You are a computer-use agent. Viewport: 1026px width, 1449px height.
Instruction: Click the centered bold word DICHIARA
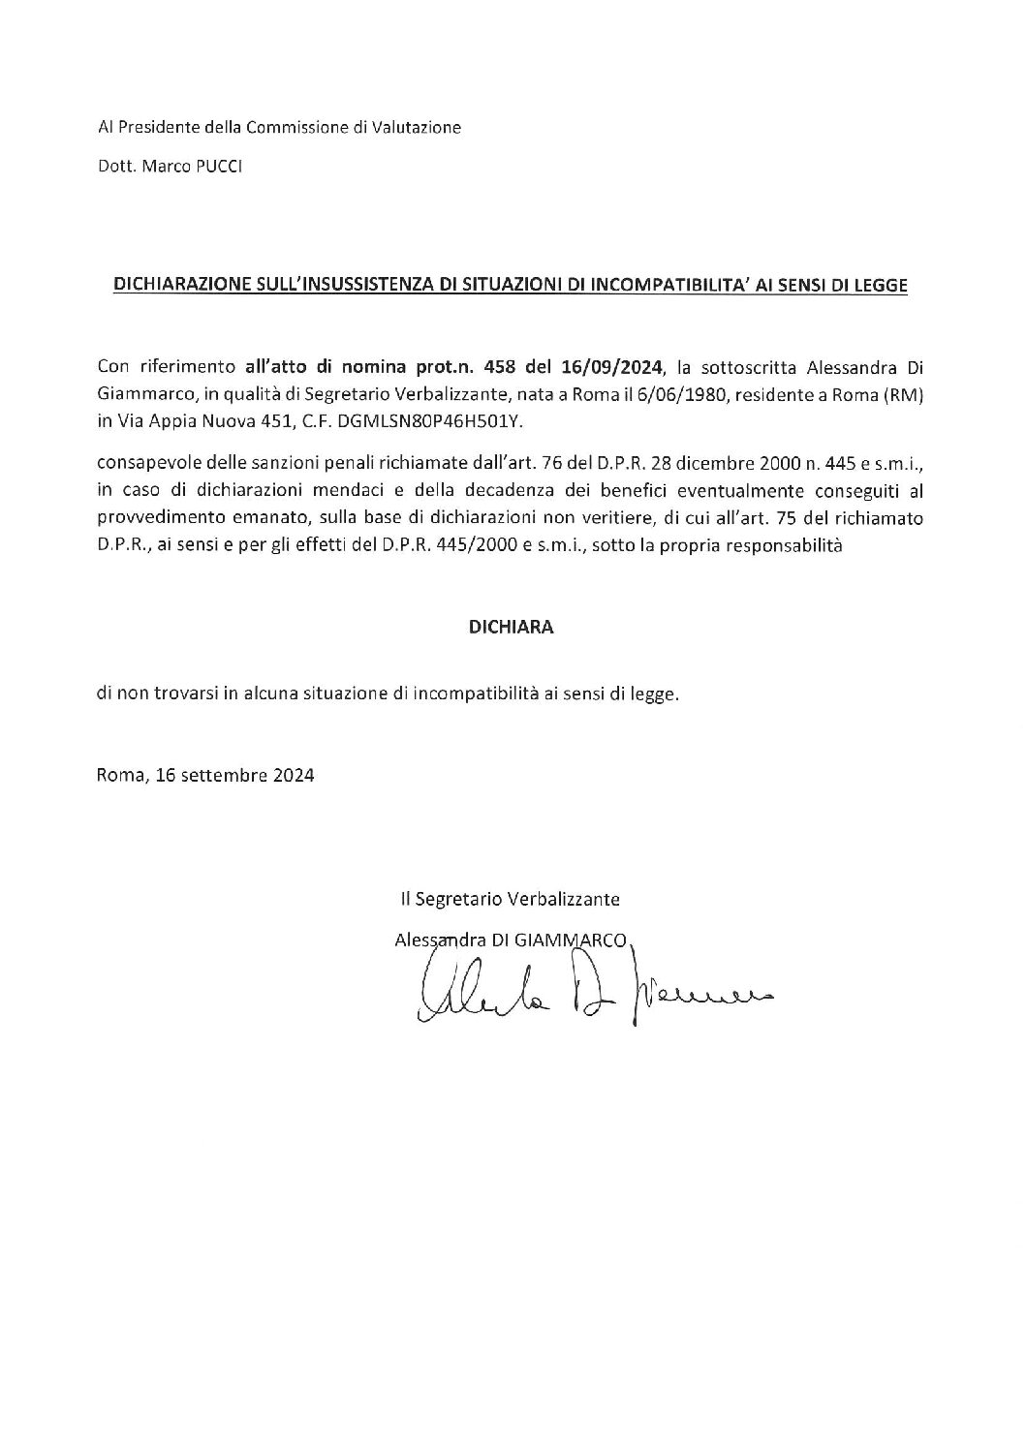click(x=511, y=627)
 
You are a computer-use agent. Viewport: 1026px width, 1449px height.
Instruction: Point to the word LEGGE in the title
click(x=886, y=286)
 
